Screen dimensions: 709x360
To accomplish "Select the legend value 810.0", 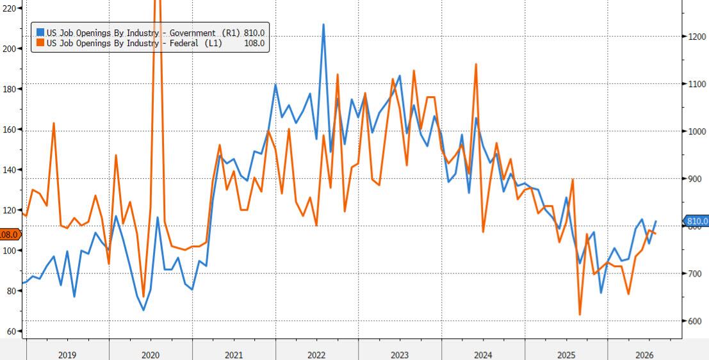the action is click(x=254, y=33).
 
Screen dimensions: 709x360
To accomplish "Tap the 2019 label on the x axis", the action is click(x=67, y=355).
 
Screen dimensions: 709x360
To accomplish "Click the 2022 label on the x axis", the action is click(x=316, y=355).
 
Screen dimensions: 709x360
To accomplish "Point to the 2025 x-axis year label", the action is click(x=566, y=355).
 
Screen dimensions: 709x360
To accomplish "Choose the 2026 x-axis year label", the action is click(x=644, y=355).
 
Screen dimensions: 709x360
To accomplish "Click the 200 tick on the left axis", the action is click(x=9, y=49).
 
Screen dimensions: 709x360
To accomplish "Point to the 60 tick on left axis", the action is click(x=12, y=331).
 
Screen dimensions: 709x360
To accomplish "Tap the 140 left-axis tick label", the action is click(x=9, y=170).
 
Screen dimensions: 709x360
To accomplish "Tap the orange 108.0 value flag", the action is click(x=10, y=234).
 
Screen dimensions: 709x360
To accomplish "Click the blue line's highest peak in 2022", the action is click(x=323, y=24).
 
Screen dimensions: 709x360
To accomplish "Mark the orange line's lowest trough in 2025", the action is click(x=580, y=315).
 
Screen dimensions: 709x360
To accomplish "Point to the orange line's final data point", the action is click(x=656, y=233).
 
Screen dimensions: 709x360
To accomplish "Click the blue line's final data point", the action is click(x=656, y=221).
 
